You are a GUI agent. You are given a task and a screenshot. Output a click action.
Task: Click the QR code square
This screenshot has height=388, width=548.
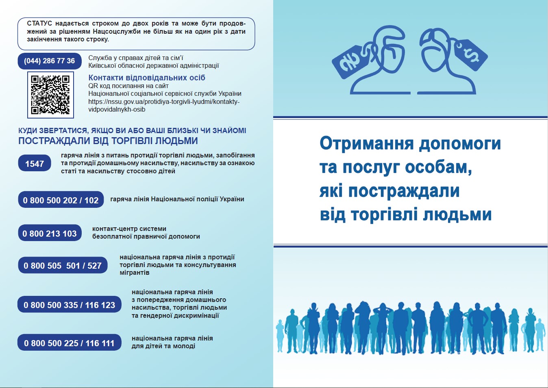(50, 95)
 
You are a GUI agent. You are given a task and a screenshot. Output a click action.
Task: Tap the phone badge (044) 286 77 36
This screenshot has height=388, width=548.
(50, 61)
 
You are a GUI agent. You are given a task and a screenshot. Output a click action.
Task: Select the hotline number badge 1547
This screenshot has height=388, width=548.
(35, 163)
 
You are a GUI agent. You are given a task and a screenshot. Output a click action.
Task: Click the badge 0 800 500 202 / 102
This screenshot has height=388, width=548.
(61, 200)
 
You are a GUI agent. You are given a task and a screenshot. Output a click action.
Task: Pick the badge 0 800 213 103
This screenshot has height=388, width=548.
(50, 233)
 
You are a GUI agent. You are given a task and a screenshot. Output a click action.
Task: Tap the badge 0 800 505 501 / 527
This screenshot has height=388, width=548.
(63, 265)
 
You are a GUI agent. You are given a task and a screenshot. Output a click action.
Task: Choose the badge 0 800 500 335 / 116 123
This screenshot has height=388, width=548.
(69, 304)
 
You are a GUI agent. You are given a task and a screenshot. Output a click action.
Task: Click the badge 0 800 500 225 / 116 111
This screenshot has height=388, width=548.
(69, 343)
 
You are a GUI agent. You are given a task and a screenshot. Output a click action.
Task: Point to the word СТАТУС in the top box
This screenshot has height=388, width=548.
(39, 24)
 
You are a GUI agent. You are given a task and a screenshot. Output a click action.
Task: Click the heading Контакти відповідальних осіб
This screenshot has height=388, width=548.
(147, 78)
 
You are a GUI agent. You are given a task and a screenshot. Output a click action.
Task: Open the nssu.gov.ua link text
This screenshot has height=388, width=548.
(164, 106)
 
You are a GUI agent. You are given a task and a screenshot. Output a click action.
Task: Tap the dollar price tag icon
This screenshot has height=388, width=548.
(470, 55)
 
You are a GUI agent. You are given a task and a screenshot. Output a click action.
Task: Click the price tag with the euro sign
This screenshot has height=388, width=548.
(350, 62)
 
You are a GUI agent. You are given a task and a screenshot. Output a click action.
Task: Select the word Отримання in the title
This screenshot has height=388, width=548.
(367, 144)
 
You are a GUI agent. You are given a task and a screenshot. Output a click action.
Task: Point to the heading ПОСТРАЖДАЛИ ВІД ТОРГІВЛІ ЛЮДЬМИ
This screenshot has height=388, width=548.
(108, 141)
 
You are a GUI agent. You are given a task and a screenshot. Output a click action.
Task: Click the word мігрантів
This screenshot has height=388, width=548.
(134, 272)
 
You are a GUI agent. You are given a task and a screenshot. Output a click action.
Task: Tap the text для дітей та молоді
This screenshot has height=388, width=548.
(163, 346)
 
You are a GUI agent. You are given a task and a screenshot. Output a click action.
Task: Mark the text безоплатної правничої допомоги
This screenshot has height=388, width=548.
(146, 237)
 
